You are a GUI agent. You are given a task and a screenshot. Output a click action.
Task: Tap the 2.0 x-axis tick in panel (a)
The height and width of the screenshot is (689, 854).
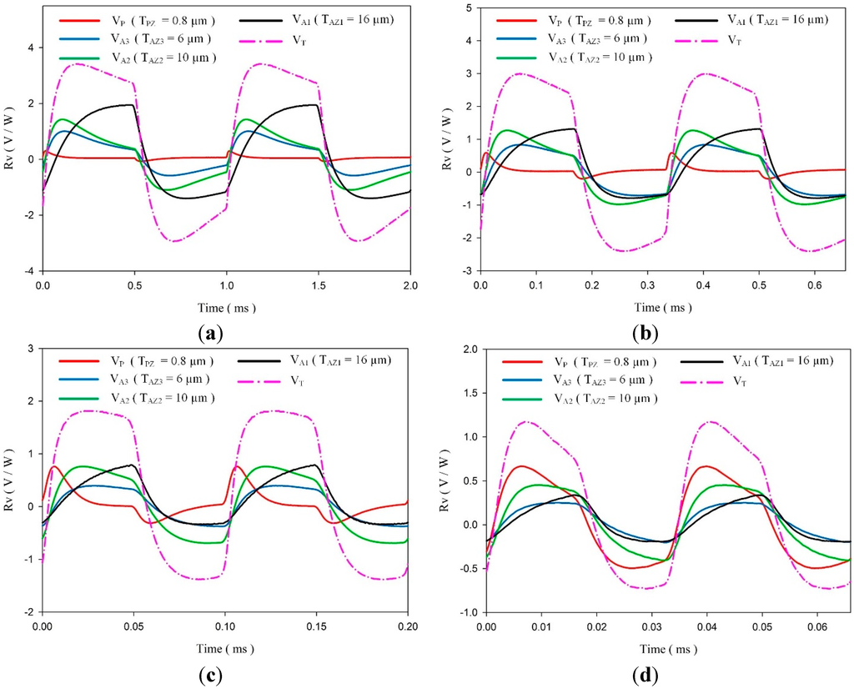[x=409, y=286]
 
